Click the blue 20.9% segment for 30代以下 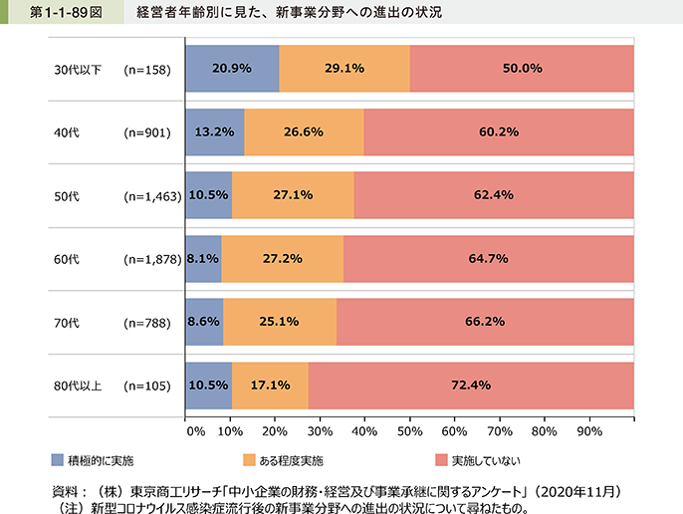click(232, 69)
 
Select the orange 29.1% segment click(343, 69)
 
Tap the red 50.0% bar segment click(522, 69)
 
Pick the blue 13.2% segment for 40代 click(214, 132)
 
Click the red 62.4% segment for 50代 click(494, 195)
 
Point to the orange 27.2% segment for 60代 click(282, 258)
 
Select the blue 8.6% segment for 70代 click(204, 322)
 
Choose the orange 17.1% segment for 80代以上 click(270, 385)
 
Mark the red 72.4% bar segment click(472, 385)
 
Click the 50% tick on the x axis click(408, 432)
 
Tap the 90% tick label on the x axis click(588, 432)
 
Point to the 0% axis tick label click(195, 432)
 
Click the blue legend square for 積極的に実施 click(58, 461)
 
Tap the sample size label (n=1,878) click(151, 259)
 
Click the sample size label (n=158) click(147, 70)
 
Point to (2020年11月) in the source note click(582, 491)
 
